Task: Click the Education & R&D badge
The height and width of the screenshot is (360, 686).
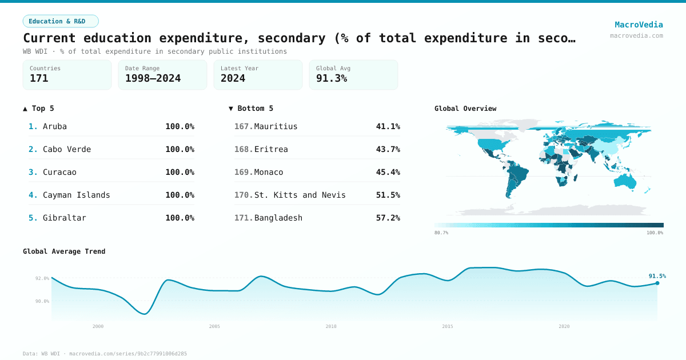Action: pyautogui.click(x=61, y=21)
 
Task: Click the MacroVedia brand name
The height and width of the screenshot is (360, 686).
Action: pyautogui.click(x=639, y=25)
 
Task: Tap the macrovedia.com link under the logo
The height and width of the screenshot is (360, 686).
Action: pyautogui.click(x=636, y=35)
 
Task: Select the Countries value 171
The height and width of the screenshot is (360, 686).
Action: pyautogui.click(x=39, y=78)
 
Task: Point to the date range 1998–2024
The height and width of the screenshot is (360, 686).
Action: pyautogui.click(x=153, y=78)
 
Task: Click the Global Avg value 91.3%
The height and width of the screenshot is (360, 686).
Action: pyautogui.click(x=332, y=78)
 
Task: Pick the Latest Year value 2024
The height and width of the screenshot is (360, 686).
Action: pyautogui.click(x=233, y=78)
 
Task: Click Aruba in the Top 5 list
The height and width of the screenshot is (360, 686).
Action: pyautogui.click(x=55, y=126)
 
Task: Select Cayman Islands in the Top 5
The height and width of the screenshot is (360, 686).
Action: pyautogui.click(x=76, y=195)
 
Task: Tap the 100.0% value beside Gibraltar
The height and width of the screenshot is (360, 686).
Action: pyautogui.click(x=180, y=218)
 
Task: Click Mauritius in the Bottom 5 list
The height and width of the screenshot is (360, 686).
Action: pyautogui.click(x=276, y=126)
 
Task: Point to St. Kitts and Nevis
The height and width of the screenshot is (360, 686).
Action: pyautogui.click(x=300, y=195)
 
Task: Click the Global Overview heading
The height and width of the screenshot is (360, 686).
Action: pyautogui.click(x=465, y=109)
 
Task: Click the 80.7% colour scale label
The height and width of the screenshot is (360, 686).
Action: pyautogui.click(x=441, y=233)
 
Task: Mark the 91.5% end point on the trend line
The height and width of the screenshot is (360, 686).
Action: pyautogui.click(x=657, y=283)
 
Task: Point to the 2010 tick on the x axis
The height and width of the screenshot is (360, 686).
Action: pyautogui.click(x=331, y=326)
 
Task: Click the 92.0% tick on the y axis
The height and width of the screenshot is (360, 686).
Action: pyautogui.click(x=42, y=278)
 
